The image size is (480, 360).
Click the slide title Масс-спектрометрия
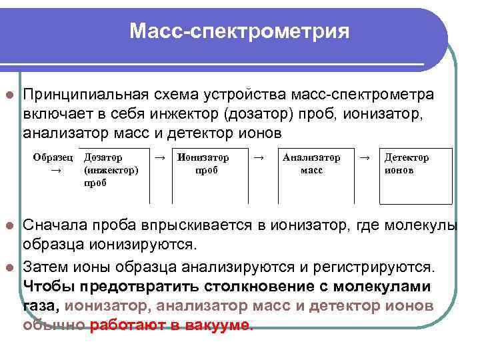click(239, 31)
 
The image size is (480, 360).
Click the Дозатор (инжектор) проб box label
click(111, 170)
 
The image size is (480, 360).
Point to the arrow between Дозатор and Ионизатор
click(160, 158)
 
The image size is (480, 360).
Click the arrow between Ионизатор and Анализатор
click(261, 158)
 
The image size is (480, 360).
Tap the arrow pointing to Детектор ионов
click(364, 158)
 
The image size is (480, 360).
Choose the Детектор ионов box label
click(407, 164)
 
